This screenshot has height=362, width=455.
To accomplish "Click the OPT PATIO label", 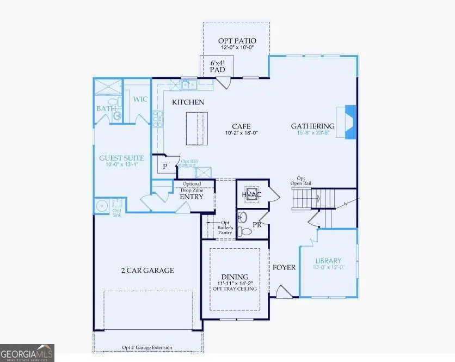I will coord(237,41).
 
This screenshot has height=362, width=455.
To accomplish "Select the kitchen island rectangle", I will coord(196,128).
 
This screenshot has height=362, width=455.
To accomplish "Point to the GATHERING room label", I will coord(312,126).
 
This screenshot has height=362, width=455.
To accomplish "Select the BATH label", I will coord(106,108).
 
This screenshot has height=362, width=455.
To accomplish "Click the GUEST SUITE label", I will coord(121,158).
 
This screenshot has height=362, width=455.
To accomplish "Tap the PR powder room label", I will coord(257,224).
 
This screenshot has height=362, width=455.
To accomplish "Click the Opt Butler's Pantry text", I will coord(225,228).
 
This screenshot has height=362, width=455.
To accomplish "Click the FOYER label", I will coord(284,267).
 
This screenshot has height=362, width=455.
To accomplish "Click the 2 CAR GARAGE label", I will coord(147,270).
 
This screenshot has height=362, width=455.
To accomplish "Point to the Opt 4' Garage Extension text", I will coord(147,347).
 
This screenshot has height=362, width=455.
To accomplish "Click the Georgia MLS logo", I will coord(27,353).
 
